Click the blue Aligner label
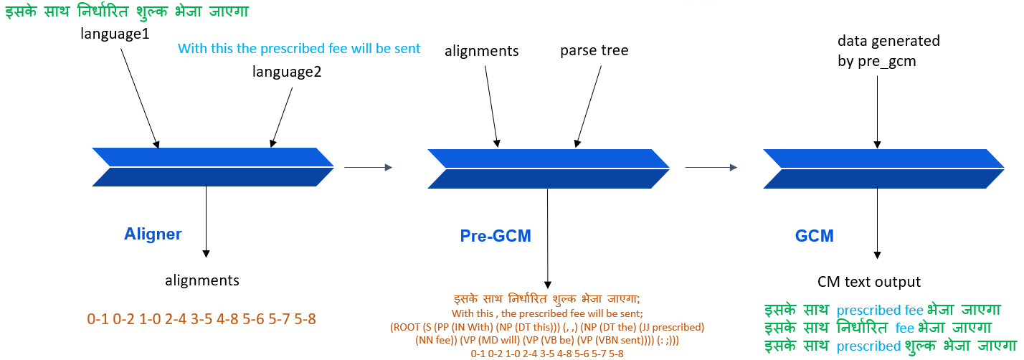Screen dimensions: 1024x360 click(153, 235)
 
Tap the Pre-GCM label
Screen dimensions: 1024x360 click(496, 236)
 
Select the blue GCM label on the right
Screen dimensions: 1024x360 click(814, 236)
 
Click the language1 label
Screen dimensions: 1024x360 click(115, 34)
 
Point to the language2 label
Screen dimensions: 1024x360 click(287, 72)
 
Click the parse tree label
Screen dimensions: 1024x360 click(594, 50)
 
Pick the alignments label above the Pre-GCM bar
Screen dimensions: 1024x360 click(481, 51)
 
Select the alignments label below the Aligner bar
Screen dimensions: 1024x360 click(202, 280)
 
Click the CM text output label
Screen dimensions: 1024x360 click(868, 282)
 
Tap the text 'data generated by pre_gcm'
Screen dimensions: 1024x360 click(888, 51)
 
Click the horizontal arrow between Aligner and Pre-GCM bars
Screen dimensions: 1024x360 click(369, 167)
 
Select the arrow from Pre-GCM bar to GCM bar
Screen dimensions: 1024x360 click(711, 167)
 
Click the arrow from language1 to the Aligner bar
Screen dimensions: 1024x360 click(140, 98)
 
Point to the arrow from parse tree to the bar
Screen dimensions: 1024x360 click(589, 106)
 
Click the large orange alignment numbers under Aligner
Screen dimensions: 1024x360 click(201, 319)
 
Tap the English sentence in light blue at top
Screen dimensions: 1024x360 click(298, 49)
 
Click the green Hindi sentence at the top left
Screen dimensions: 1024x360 click(127, 11)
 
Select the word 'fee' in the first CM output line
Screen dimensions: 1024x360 click(914, 310)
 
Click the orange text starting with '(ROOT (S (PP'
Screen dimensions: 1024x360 click(546, 333)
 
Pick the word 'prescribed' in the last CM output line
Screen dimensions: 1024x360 click(868, 346)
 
